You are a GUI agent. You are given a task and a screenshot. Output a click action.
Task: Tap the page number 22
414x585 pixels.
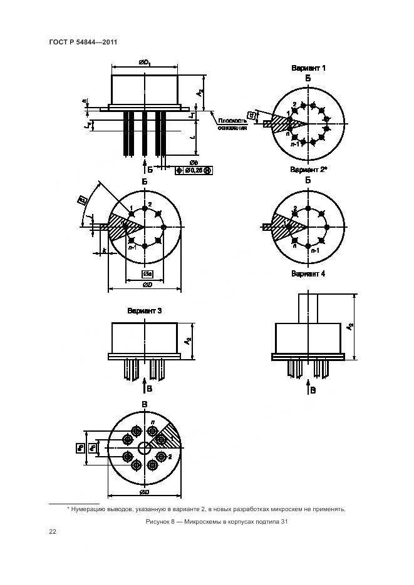pos(53,532)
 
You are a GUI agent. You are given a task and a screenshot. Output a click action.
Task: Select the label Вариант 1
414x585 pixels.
pos(308,68)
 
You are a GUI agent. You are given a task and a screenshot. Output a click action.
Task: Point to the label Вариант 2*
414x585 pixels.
pos(308,170)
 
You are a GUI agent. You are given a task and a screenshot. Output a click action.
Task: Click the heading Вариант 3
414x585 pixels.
pos(145,310)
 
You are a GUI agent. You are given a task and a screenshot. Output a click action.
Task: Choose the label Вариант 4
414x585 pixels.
pos(308,273)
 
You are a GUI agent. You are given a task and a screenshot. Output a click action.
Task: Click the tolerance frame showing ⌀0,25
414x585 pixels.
pos(195,170)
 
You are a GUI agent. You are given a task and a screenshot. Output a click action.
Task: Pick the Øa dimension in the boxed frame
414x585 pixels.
pos(145,274)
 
